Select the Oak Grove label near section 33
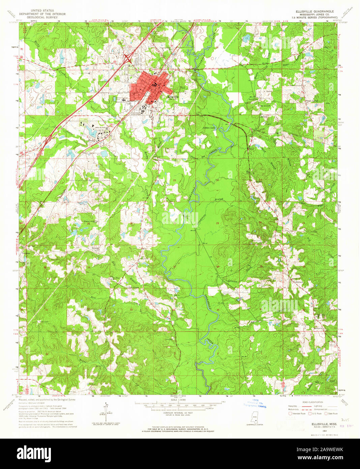tap(134, 287)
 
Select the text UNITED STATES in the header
tap(42, 11)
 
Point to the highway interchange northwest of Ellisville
tap(128, 58)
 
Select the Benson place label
tap(95, 248)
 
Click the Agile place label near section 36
tap(254, 322)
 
